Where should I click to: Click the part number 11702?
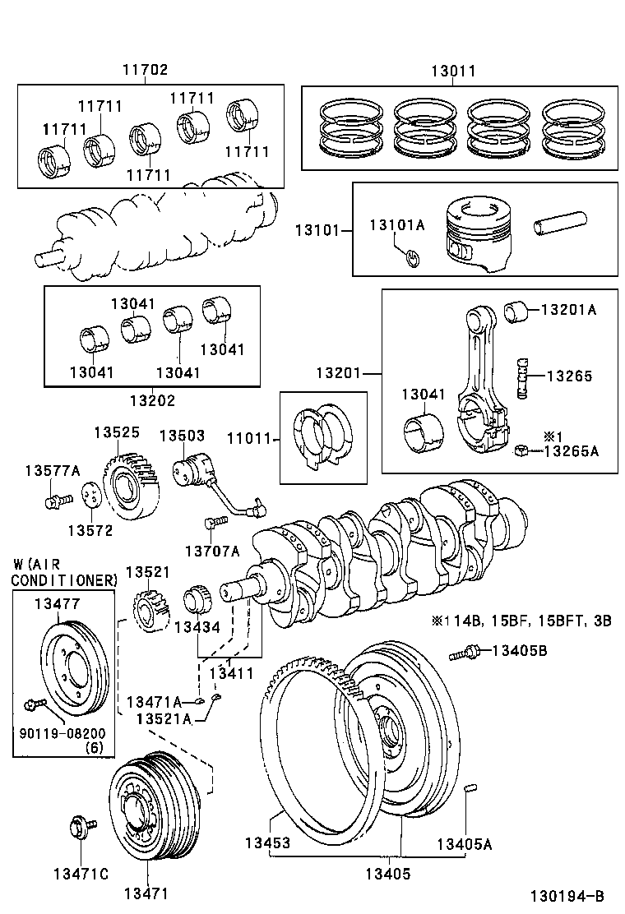click(x=146, y=72)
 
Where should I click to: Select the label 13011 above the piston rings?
click(x=452, y=72)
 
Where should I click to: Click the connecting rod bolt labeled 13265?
click(x=521, y=376)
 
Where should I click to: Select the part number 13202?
click(x=151, y=400)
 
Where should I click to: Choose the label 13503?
click(x=182, y=435)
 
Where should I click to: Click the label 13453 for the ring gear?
click(x=267, y=843)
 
